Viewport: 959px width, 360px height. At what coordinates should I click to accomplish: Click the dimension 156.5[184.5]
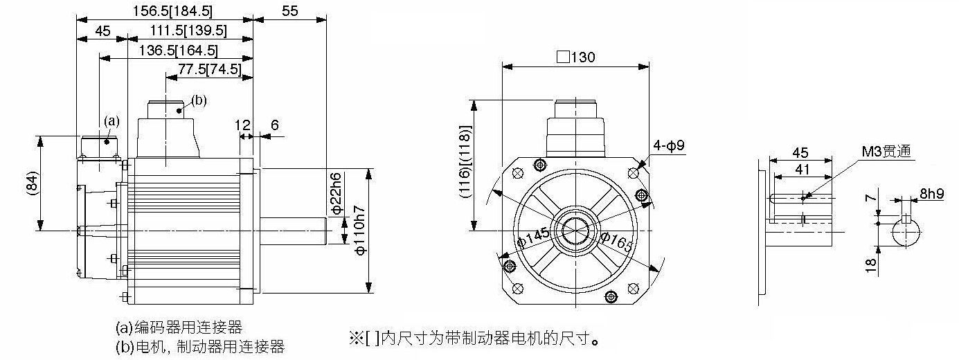tap(172, 10)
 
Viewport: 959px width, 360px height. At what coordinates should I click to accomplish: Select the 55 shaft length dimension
tap(290, 10)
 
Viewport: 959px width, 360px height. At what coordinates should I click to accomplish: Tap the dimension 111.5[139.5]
tap(188, 30)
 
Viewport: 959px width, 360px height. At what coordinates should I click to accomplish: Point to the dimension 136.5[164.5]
tap(179, 51)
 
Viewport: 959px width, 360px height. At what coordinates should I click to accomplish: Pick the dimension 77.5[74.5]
tap(210, 69)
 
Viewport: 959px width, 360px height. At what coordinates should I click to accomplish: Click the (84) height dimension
tap(33, 183)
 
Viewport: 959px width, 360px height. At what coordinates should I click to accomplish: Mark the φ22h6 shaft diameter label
tap(337, 193)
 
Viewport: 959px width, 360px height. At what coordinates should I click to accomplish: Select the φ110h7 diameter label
tap(360, 231)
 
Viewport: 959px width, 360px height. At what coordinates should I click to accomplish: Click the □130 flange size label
tap(576, 57)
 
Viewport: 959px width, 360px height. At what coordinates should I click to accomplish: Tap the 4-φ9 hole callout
tap(669, 145)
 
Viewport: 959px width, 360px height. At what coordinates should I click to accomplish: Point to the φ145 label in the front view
tap(533, 237)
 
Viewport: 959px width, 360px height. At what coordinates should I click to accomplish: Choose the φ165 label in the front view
tap(616, 242)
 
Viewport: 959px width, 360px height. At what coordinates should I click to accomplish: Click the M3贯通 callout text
tap(886, 151)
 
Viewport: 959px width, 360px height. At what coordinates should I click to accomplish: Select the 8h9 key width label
tap(932, 194)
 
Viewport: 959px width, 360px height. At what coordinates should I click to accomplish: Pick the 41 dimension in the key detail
tap(802, 170)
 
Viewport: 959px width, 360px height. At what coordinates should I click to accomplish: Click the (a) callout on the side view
tap(111, 120)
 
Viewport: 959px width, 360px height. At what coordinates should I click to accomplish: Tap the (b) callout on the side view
tap(199, 100)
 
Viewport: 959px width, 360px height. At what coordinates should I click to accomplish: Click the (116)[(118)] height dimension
tap(465, 161)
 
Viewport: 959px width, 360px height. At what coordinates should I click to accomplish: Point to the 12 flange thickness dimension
tap(242, 125)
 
